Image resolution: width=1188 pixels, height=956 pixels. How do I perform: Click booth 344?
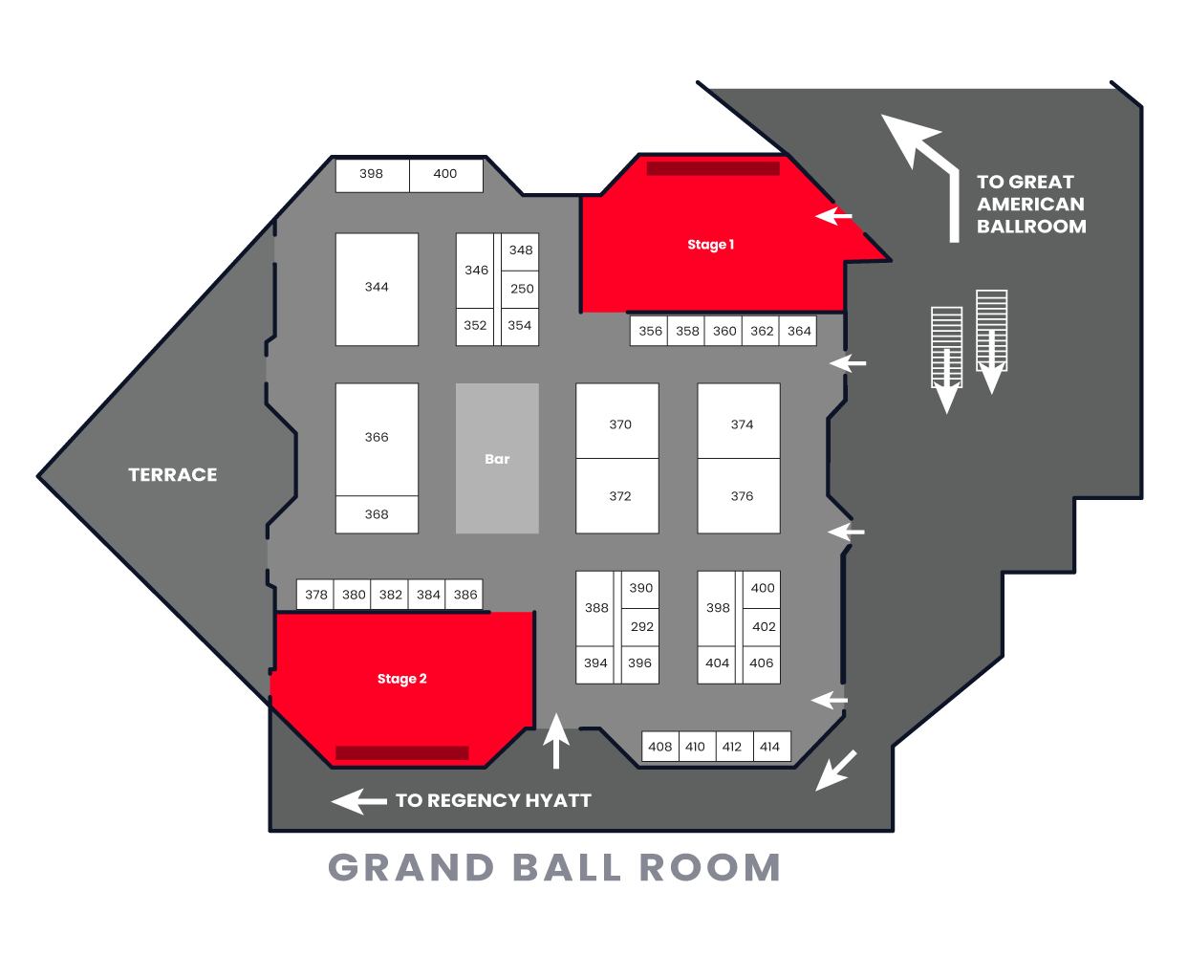[x=378, y=290]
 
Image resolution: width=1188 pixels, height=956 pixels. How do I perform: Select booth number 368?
[x=378, y=514]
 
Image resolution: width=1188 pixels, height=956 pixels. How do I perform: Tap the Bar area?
[x=497, y=458]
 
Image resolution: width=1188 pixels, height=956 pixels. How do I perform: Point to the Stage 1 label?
[x=710, y=245]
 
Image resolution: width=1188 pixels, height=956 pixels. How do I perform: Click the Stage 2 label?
[x=401, y=679]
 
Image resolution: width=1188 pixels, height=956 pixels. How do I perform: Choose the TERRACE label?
[x=173, y=475]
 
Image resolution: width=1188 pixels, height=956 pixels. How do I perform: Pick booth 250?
[x=520, y=289]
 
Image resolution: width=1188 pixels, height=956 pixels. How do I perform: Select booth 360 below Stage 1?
[x=724, y=331]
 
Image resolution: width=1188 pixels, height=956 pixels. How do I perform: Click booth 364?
[x=798, y=331]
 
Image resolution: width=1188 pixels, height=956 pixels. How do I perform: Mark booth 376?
[x=739, y=496]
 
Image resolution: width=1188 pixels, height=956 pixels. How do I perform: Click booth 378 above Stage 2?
[x=315, y=595]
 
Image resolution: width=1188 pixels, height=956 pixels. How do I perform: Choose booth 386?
[x=464, y=595]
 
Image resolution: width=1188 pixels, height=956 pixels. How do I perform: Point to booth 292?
[x=640, y=627]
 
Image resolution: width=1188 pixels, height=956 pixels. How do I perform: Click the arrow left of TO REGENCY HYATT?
[x=358, y=801]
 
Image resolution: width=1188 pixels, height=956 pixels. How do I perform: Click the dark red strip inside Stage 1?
[x=713, y=168]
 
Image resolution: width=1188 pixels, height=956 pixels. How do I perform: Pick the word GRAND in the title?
[x=411, y=868]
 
